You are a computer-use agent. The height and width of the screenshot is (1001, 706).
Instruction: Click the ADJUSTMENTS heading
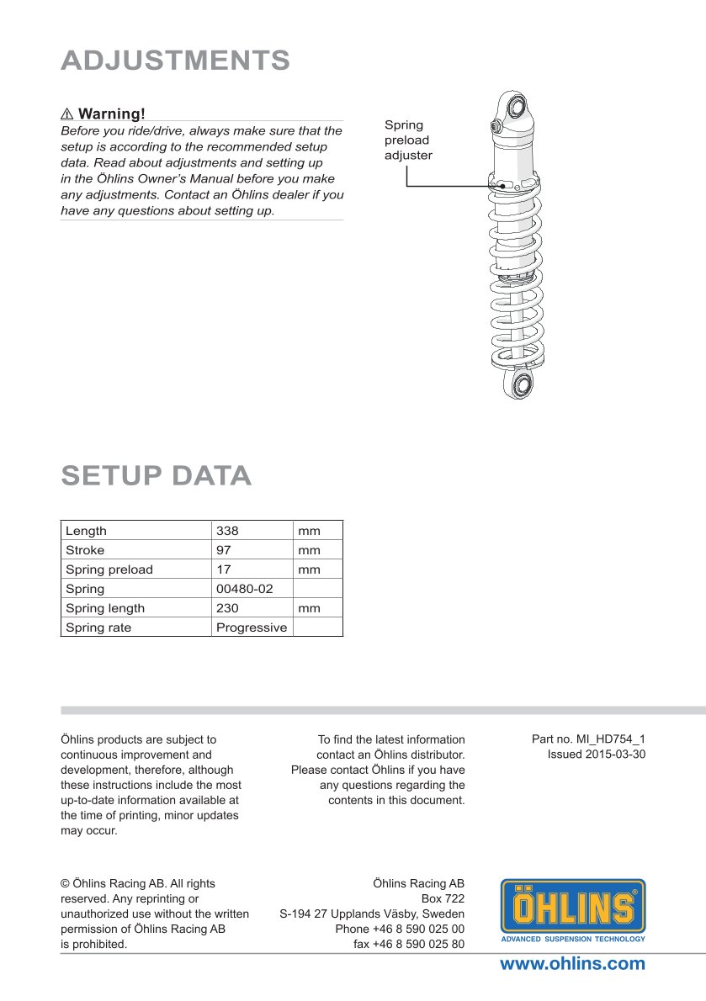click(176, 61)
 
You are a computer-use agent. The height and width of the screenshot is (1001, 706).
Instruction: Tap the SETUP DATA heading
click(157, 476)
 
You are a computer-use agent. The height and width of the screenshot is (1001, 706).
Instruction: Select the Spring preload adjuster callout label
click(408, 140)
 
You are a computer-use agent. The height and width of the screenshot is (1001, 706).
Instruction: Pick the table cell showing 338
click(227, 531)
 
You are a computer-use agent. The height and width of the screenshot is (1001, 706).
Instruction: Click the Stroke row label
click(86, 550)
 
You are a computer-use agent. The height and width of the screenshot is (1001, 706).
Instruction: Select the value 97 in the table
click(224, 550)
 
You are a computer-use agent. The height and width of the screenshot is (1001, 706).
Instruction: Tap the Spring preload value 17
click(224, 569)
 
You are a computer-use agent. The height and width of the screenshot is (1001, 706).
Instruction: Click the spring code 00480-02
click(245, 589)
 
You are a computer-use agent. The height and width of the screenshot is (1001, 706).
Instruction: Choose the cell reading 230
click(227, 608)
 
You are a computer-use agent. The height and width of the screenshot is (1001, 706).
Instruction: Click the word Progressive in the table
click(252, 628)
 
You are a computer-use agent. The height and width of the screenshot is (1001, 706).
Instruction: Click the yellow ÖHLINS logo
click(573, 908)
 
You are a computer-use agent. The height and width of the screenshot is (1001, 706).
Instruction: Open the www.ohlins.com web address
click(572, 964)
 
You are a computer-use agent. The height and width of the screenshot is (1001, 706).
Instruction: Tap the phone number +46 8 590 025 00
click(400, 929)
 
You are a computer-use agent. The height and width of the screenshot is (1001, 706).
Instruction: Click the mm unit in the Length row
click(309, 531)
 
